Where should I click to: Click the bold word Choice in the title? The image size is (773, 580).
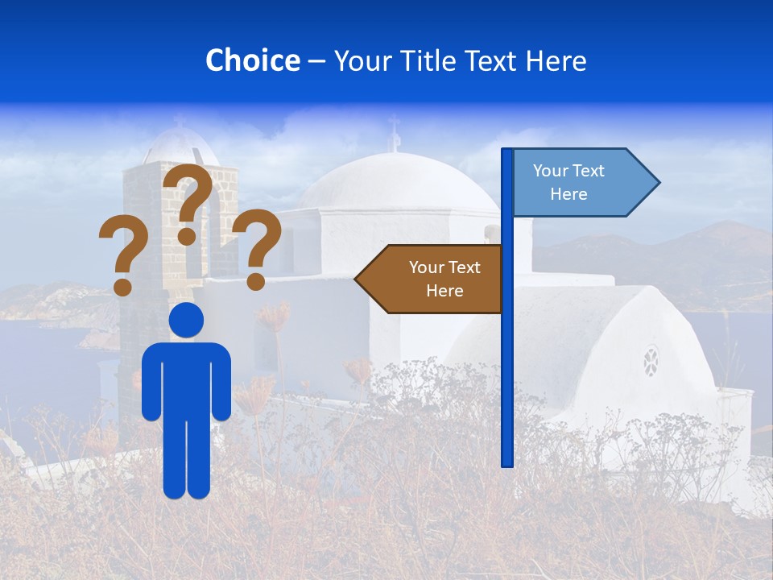point(252,60)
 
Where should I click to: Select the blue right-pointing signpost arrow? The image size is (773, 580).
point(584,183)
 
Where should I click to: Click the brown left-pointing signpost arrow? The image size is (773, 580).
point(431,279)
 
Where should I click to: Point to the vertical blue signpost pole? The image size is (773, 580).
point(506,362)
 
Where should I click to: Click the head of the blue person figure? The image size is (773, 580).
point(186,321)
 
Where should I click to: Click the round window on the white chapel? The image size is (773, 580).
point(651,361)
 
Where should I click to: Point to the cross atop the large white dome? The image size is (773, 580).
point(394,134)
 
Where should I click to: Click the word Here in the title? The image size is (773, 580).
point(556,61)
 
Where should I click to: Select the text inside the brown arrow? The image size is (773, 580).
point(444,279)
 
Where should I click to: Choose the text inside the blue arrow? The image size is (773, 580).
point(568,182)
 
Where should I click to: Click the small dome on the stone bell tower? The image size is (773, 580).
point(180,147)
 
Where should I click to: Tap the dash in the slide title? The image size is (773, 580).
point(316,62)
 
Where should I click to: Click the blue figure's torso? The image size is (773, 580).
point(186,379)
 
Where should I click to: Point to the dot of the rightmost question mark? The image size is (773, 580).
point(255,282)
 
